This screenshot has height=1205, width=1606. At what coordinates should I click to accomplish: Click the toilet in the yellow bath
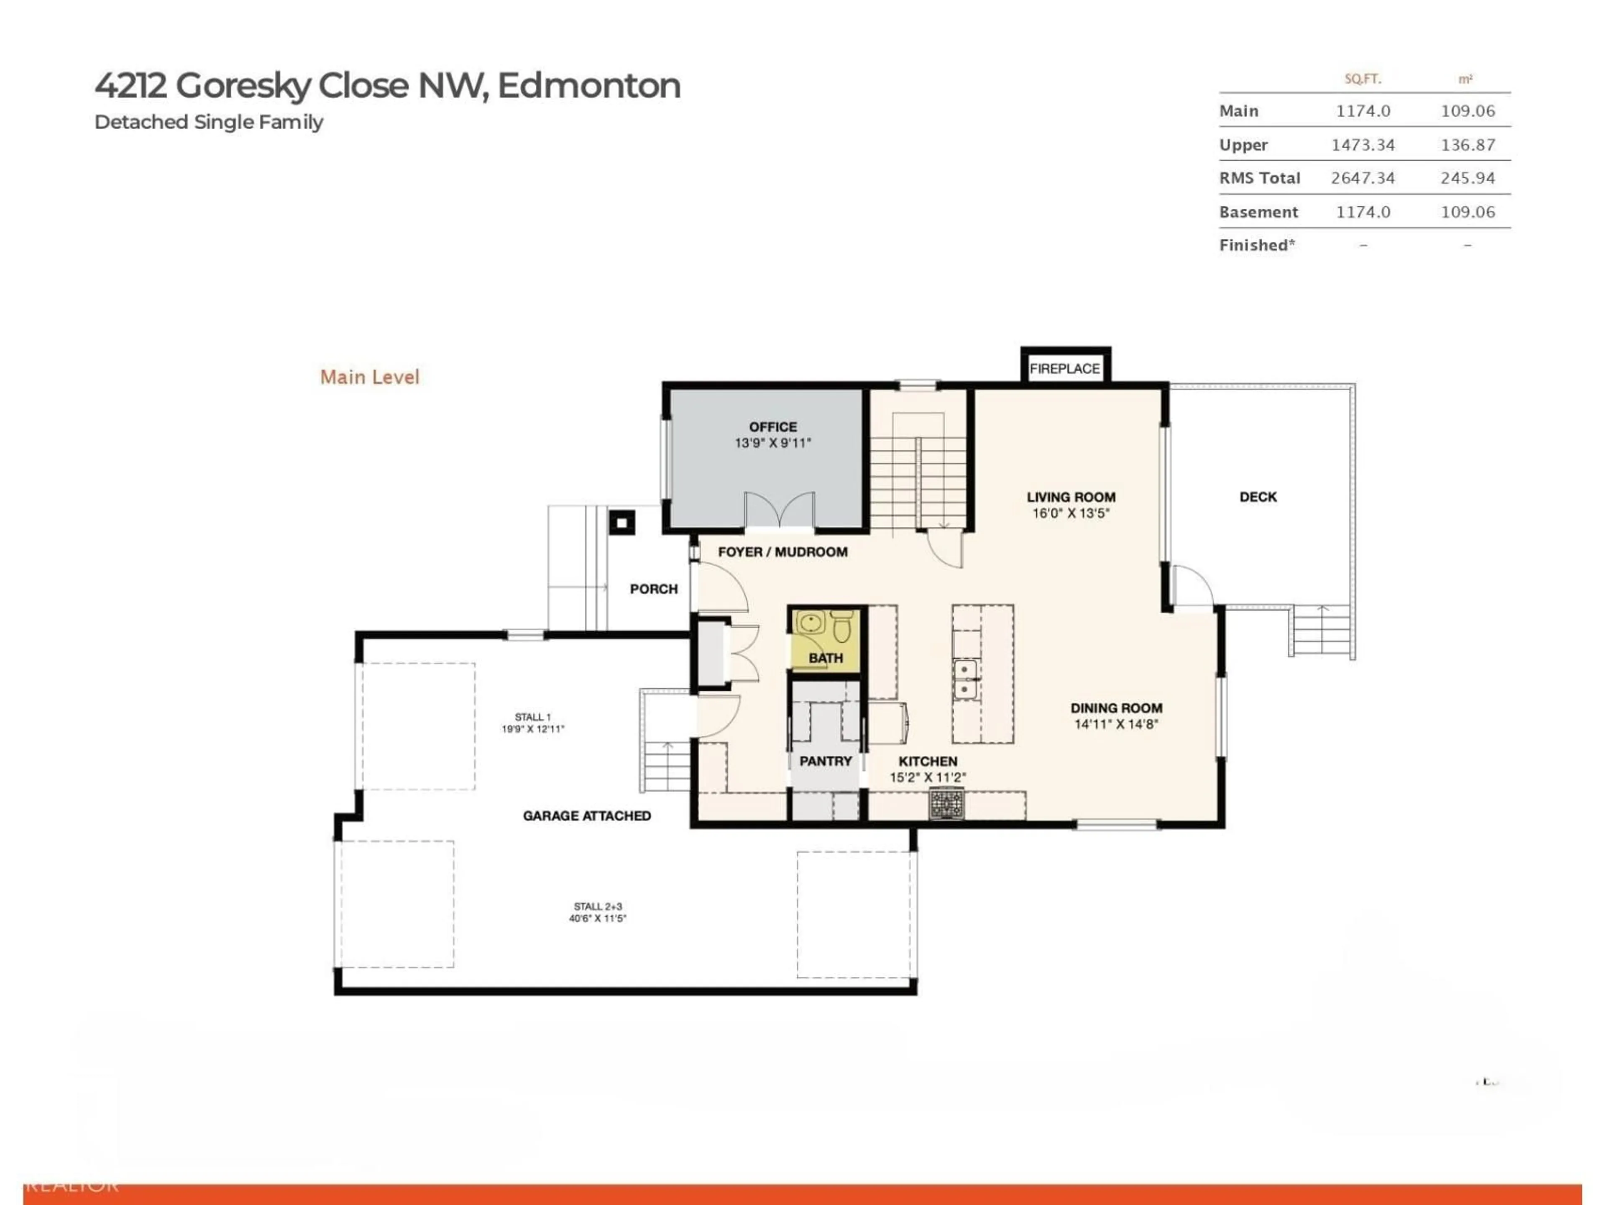tap(841, 626)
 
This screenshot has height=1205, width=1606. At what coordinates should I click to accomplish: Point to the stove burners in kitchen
tap(947, 803)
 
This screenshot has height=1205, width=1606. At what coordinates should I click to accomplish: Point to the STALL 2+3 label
tap(598, 907)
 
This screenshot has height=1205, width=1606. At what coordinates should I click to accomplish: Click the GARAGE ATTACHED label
tap(587, 816)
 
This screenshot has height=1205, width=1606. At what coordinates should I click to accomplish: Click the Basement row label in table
tap(1258, 212)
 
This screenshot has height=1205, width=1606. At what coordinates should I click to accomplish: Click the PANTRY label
tap(826, 761)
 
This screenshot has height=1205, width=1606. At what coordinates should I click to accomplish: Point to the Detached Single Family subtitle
tap(208, 122)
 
